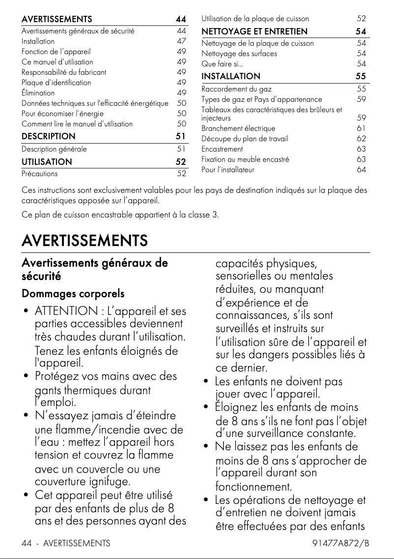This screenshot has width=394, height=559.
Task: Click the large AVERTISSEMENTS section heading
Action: coord(84,241)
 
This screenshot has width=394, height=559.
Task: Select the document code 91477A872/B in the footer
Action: coord(340,543)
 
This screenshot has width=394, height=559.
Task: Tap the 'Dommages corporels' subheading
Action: coord(73,294)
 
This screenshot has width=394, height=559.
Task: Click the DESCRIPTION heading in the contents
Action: coord(49,136)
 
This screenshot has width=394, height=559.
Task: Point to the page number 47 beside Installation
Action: coord(181,41)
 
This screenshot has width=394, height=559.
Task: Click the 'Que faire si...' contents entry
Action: coord(222,64)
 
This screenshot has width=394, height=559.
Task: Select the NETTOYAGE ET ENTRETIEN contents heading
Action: coord(254,31)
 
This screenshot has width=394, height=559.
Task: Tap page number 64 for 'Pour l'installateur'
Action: coord(362,170)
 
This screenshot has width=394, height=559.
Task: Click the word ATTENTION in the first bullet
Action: coord(66,311)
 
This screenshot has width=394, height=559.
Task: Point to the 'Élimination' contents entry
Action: coord(38,93)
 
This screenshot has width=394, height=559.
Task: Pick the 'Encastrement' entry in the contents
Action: coord(222,149)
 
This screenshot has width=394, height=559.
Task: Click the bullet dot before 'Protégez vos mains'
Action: coord(25,377)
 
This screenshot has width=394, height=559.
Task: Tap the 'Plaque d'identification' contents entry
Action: coord(56,83)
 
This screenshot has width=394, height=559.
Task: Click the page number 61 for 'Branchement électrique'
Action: coord(362,128)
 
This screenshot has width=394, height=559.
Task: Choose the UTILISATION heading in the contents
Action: coord(47,161)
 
